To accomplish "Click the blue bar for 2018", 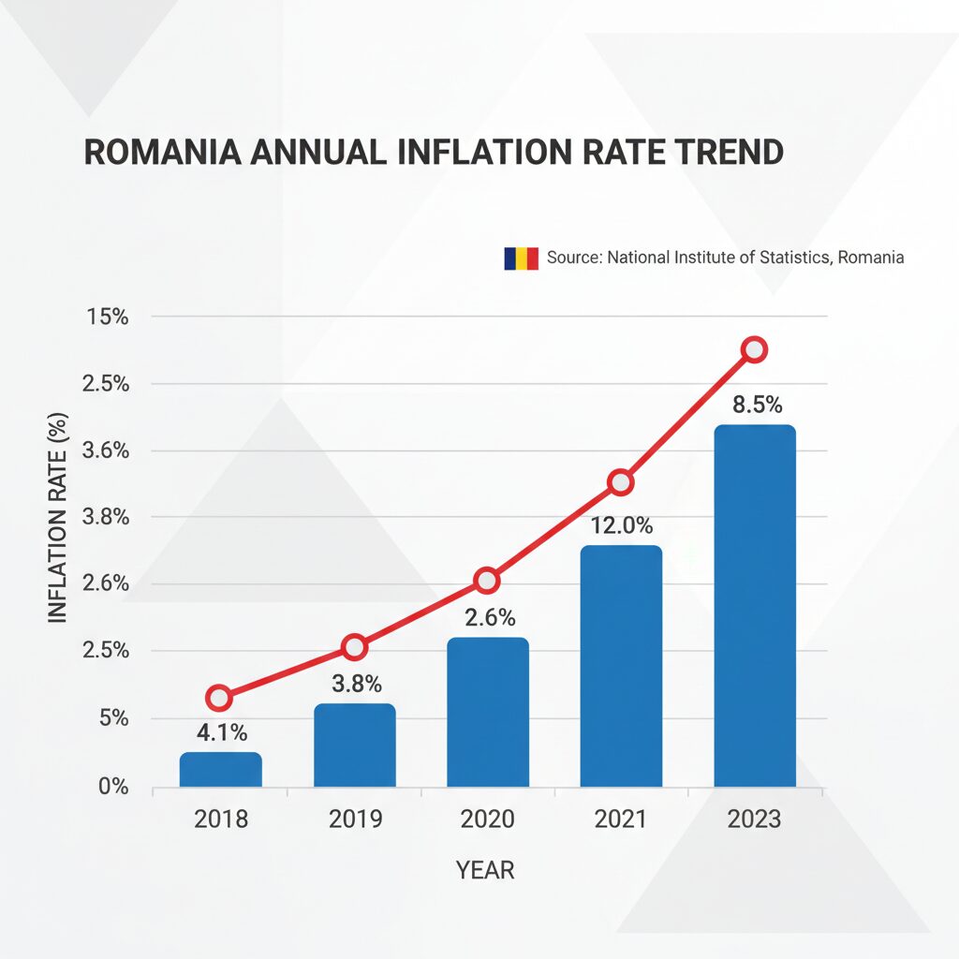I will pos(220,769).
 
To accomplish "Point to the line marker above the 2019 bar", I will pos(354,646).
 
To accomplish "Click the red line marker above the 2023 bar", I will pos(754,350).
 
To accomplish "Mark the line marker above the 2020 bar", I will pos(487,581).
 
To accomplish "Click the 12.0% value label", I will pos(621,526).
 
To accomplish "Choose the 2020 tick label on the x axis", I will pos(487,819).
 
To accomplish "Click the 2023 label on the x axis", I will pos(754,819).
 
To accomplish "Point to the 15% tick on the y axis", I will pos(107,317).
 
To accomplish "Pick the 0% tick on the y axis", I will pos(112,787).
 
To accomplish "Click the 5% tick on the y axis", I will pos(112,719).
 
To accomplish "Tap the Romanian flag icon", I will pos(521,258).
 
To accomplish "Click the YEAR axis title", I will pos(485,870).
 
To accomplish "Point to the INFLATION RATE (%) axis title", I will pos(58,517).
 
